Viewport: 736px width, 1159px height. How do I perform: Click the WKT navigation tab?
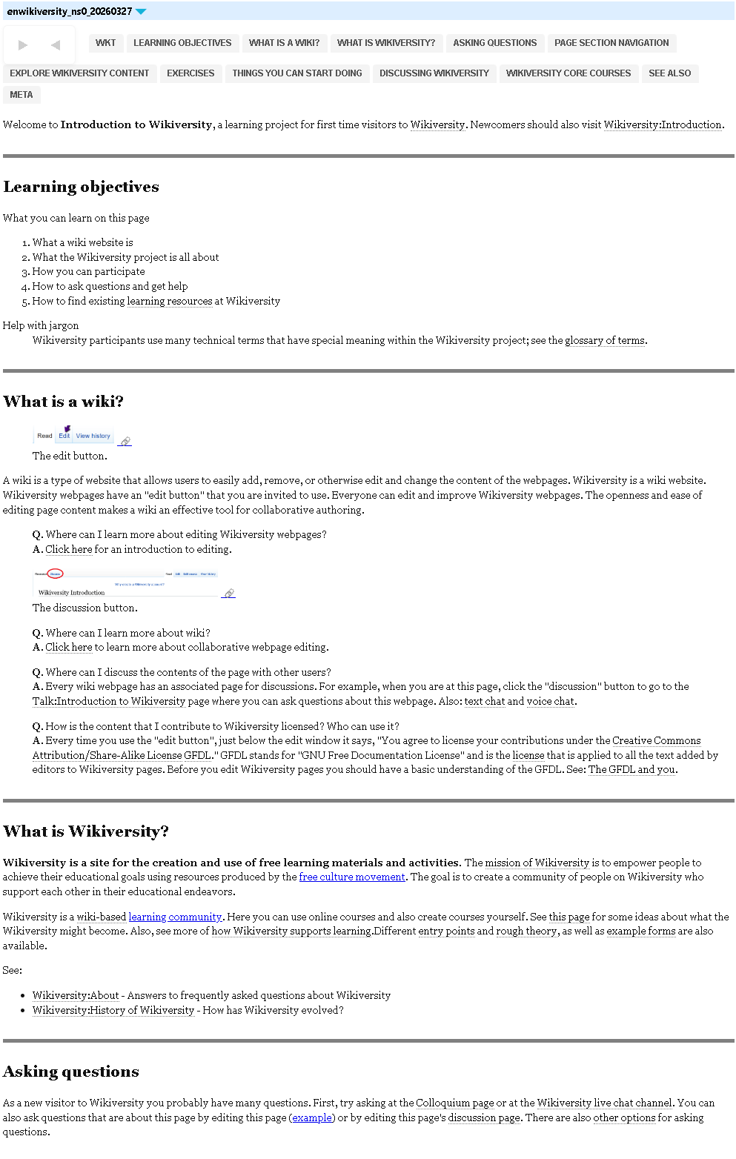click(x=105, y=43)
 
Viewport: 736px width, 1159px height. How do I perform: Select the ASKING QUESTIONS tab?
click(x=494, y=43)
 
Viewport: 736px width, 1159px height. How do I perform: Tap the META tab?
click(x=21, y=95)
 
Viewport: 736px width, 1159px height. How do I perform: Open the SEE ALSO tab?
click(x=669, y=73)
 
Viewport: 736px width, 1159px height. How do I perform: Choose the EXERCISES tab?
click(x=190, y=73)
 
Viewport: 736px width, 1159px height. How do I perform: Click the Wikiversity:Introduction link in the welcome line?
click(x=663, y=125)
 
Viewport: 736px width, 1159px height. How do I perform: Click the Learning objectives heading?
click(x=81, y=187)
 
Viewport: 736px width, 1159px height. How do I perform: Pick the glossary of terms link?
click(x=605, y=341)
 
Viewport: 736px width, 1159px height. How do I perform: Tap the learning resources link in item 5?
click(x=170, y=302)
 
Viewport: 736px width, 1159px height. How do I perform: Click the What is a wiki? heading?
click(x=63, y=402)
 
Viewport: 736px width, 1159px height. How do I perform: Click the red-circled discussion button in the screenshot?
click(x=56, y=574)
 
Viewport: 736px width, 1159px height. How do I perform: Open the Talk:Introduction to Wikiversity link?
click(x=109, y=702)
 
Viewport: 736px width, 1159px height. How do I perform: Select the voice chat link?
click(x=550, y=702)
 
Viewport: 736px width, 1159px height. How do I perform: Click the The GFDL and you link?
click(x=631, y=770)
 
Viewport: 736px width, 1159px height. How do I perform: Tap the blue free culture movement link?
click(x=352, y=877)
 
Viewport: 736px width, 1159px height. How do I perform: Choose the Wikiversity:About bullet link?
click(x=76, y=996)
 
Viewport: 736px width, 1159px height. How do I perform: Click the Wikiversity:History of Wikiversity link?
click(x=113, y=1011)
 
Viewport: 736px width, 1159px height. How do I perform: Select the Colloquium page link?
click(x=455, y=1103)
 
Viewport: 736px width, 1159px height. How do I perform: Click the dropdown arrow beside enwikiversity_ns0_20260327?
click(x=141, y=12)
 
